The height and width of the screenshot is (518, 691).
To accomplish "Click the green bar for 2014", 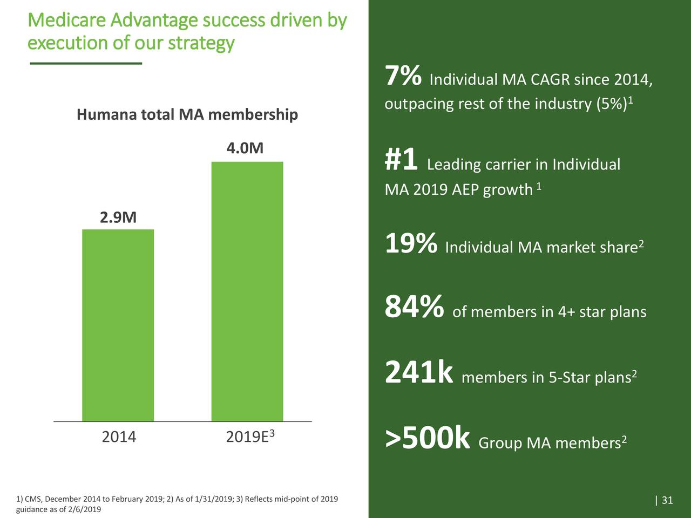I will point(118,325).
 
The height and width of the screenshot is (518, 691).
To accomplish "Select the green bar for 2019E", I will point(247,291).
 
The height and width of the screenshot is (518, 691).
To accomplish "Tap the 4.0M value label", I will point(245,148).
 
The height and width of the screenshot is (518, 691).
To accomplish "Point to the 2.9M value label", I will point(118,217).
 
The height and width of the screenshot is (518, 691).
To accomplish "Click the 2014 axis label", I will point(119,437).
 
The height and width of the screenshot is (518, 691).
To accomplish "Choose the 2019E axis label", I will point(247,437).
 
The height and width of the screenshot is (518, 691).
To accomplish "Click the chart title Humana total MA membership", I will point(187,115).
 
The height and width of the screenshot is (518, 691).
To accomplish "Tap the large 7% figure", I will point(403,76).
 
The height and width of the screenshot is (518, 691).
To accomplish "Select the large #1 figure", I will point(401,160).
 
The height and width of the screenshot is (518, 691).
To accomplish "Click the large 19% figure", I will point(411,243).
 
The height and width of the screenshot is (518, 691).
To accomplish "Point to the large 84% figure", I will point(414,308).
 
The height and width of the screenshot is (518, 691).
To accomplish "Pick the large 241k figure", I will point(418,373).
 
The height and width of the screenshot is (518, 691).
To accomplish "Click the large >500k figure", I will point(428,439).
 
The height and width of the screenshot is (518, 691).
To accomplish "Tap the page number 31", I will point(667,500).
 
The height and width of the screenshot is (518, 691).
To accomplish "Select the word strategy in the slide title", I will point(201,43).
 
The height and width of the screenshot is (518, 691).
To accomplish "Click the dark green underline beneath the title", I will point(86,64).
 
